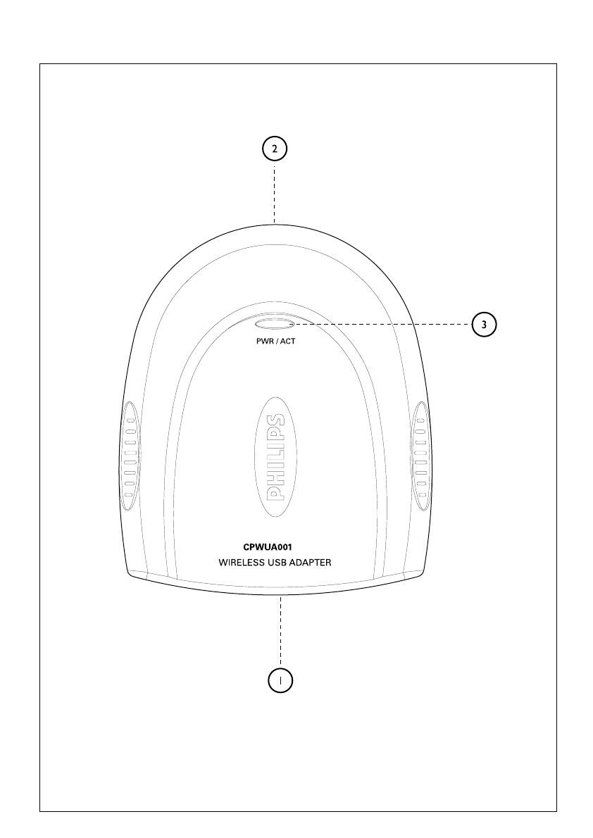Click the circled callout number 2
point(275,149)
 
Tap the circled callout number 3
point(484,324)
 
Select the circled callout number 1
point(280,680)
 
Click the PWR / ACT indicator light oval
point(275,324)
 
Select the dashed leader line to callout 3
point(380,324)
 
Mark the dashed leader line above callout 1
point(280,630)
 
